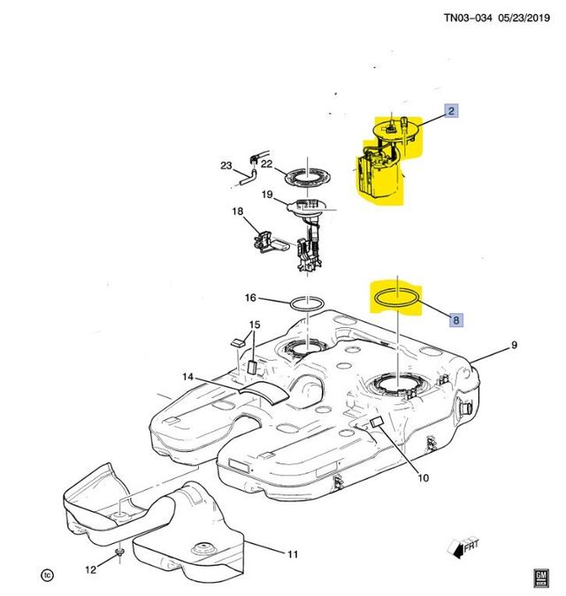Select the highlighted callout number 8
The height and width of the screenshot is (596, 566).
pos(456,320)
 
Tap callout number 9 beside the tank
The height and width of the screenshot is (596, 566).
pos(514,345)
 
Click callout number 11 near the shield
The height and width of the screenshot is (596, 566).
pos(293,554)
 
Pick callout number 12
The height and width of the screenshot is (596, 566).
pos(90,570)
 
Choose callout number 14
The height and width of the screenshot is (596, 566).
pos(187,378)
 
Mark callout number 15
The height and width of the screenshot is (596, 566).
pos(255,325)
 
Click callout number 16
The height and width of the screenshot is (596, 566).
pos(250,298)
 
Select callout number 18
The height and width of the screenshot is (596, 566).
pos(237,211)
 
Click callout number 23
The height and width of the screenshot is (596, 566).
pos(226,165)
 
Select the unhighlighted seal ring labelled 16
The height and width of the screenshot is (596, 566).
pos(306,303)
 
